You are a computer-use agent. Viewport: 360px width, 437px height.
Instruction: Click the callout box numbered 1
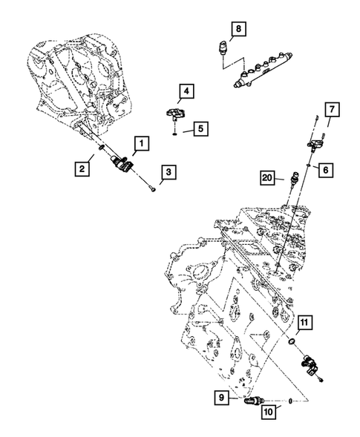point(140,142)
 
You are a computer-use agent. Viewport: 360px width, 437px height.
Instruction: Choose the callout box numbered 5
point(199,129)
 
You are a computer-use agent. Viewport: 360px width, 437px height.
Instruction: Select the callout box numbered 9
point(221,398)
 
